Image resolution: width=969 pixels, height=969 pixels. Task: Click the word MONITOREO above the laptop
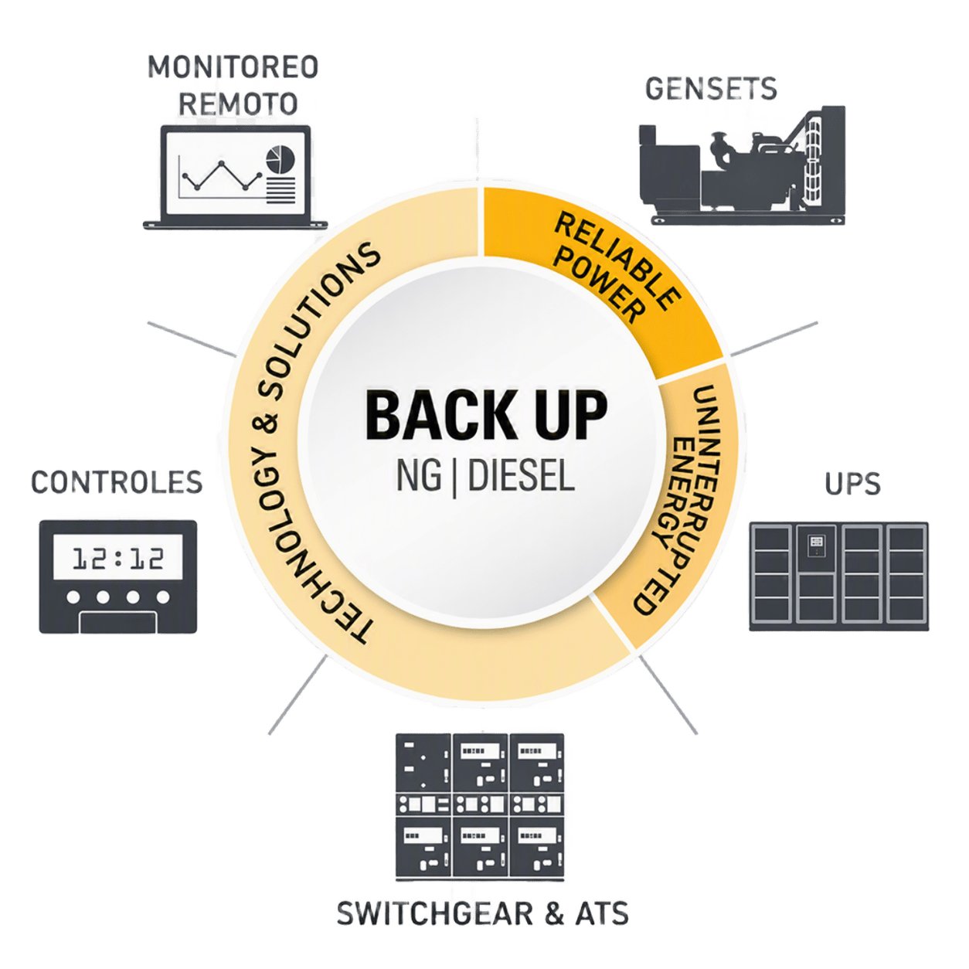(x=233, y=67)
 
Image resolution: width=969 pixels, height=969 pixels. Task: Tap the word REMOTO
(x=238, y=104)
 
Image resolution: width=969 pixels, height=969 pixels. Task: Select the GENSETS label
(x=711, y=89)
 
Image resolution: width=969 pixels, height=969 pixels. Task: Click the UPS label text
(x=853, y=484)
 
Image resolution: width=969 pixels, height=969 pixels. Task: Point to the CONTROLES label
(x=117, y=481)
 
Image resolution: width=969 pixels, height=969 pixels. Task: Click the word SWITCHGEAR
(x=435, y=913)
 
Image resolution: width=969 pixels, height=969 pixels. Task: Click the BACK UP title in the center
(x=486, y=416)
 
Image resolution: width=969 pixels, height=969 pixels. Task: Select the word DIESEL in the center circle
(x=522, y=476)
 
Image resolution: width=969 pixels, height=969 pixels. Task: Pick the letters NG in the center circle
(x=419, y=476)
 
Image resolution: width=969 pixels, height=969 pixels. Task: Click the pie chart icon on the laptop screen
(x=280, y=159)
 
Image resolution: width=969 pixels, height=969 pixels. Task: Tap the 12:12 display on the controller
(x=118, y=558)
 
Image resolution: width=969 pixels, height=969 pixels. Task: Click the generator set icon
(x=743, y=165)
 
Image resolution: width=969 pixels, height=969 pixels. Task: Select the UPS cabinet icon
(x=838, y=576)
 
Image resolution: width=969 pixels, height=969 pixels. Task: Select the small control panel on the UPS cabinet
(x=816, y=546)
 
